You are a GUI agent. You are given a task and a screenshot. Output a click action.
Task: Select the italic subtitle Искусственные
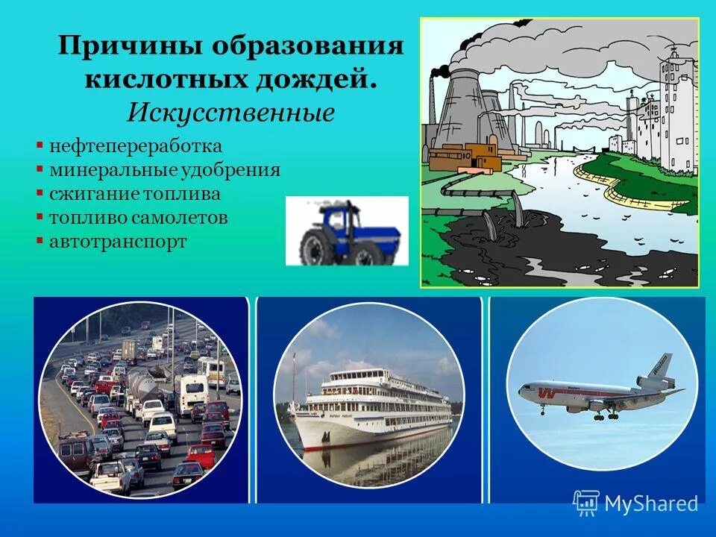tap(230, 113)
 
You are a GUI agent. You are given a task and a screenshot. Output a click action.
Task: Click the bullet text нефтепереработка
tap(136, 145)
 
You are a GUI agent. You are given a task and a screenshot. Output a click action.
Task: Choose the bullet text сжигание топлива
tap(135, 194)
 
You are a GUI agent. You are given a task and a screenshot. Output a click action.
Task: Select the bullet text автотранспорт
tap(118, 242)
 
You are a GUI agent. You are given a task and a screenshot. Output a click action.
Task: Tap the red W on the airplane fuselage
tap(546, 392)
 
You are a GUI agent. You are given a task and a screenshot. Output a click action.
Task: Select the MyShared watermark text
tap(650, 504)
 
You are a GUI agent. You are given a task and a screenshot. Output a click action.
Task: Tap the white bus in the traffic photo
tap(192, 390)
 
